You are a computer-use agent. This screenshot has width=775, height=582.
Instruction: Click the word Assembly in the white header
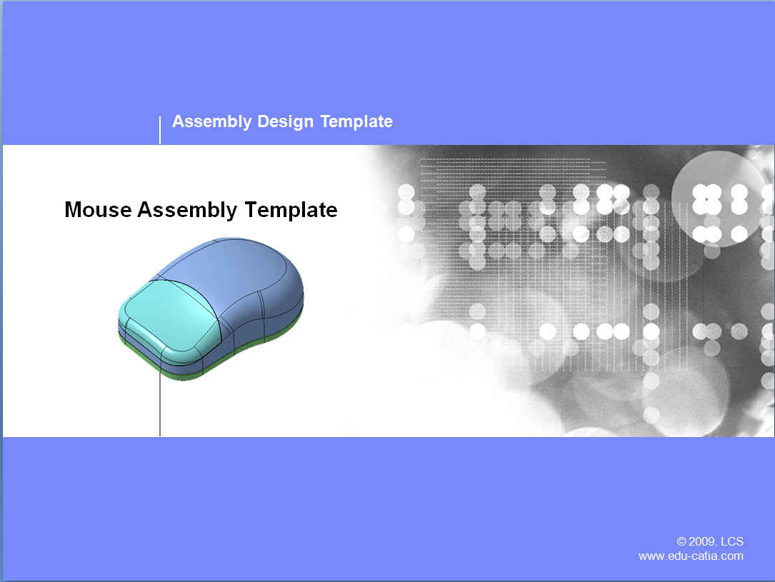coord(212,121)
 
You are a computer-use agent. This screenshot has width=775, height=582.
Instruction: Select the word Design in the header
coord(285,121)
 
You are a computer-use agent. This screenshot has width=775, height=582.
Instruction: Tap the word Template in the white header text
coord(356,121)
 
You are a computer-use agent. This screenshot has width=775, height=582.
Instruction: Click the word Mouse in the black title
coord(98,209)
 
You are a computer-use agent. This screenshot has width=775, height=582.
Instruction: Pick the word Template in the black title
coord(291,211)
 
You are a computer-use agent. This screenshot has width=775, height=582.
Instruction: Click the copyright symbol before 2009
coord(681,541)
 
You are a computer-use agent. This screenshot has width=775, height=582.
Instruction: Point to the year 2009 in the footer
coord(701,541)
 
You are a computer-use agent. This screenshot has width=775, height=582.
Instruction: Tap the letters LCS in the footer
coord(732,541)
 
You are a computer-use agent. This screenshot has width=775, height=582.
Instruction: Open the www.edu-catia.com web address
coord(691,556)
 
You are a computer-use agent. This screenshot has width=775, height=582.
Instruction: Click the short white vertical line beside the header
coord(160,131)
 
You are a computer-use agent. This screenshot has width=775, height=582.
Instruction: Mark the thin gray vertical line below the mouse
coord(160,403)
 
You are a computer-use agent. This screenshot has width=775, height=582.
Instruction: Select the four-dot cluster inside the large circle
coord(706,199)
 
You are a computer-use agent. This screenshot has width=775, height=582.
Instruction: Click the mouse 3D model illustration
coord(211,309)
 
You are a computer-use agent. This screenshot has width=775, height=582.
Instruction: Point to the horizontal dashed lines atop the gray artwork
coord(513,168)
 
